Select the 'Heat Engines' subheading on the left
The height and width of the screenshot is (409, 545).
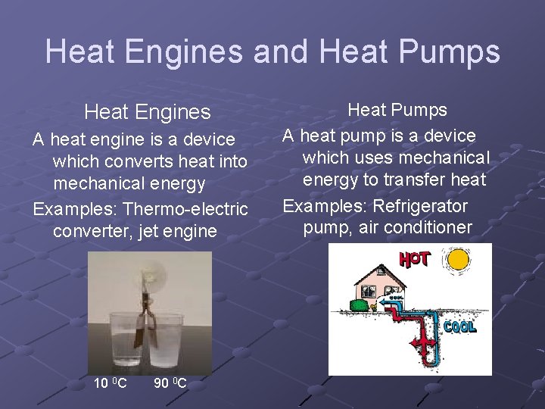click(x=148, y=112)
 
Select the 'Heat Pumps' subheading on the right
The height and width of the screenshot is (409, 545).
click(x=397, y=110)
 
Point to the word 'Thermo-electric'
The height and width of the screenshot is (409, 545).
click(x=185, y=208)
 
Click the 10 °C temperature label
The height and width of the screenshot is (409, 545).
click(x=110, y=383)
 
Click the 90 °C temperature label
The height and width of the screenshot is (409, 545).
click(x=170, y=383)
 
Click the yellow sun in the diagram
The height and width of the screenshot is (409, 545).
click(x=458, y=261)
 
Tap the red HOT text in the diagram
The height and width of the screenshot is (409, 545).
click(x=415, y=259)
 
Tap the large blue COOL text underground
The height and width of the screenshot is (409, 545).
click(x=459, y=327)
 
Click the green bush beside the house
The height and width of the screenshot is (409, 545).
click(x=357, y=305)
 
